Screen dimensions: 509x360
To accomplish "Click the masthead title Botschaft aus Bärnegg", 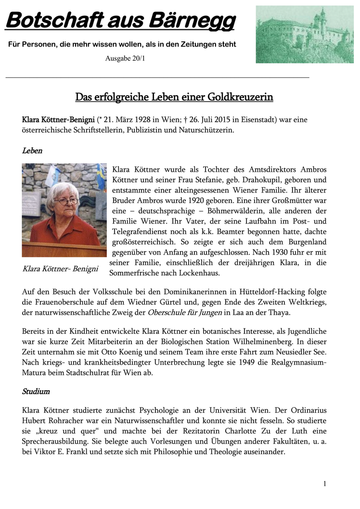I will (x=120, y=21).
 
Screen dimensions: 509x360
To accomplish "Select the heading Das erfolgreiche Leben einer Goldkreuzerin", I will (x=174, y=97).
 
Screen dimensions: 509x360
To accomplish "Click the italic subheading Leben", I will (x=32, y=151).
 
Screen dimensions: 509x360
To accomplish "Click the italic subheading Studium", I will (x=36, y=391).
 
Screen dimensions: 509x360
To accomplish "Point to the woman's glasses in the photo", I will (x=66, y=201).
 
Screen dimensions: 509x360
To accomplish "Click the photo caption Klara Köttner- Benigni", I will (x=60, y=268).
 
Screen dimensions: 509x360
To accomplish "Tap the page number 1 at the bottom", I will (x=325, y=484).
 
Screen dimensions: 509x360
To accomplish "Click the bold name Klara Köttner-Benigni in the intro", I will (x=58, y=119).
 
